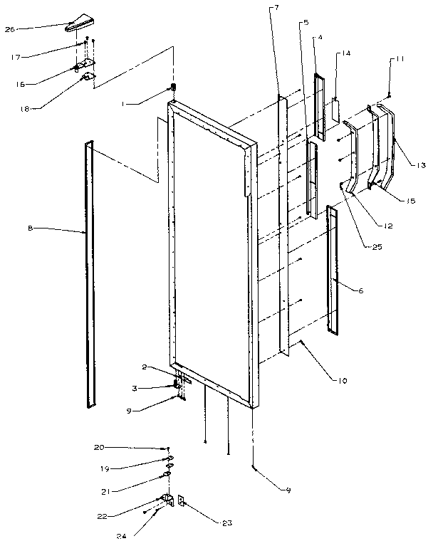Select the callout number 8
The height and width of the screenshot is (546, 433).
tap(31, 229)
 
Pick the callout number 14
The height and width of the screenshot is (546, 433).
tap(345, 53)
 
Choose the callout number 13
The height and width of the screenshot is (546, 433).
tap(420, 165)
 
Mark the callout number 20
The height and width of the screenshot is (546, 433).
tap(98, 446)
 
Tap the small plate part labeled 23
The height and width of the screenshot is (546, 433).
tap(181, 502)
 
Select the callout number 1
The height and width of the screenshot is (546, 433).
tap(123, 103)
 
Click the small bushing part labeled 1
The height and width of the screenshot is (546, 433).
tap(172, 88)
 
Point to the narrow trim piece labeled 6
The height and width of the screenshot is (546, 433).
tap(332, 271)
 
